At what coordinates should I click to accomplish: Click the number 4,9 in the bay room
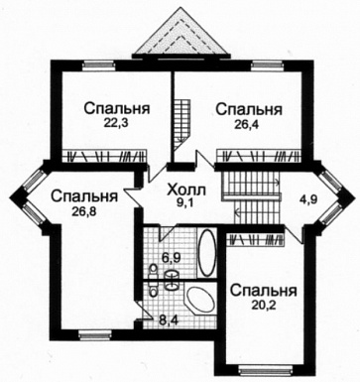point(309,198)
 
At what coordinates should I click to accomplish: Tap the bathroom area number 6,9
point(170,257)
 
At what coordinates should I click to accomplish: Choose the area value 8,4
point(170,319)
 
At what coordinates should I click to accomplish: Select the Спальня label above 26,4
point(248,108)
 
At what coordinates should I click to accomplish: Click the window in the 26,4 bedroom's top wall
point(262,65)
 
